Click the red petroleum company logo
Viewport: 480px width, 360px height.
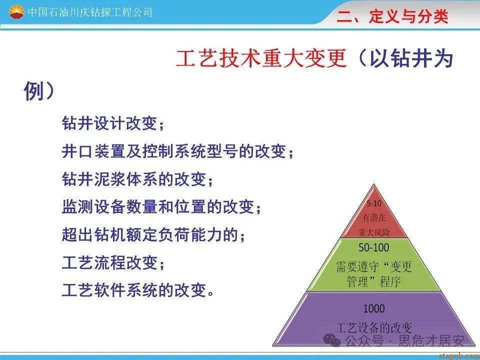coord(16,12)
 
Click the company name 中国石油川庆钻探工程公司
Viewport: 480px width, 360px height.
coord(90,12)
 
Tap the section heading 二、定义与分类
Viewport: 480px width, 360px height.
coord(392,16)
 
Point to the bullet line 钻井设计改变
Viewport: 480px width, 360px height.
coord(113,123)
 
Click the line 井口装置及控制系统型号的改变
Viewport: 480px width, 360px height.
coord(177,151)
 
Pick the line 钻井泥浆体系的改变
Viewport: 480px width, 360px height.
coord(137,179)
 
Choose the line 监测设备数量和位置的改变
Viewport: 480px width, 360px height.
coord(161,206)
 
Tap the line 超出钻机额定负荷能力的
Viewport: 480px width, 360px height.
coord(153,234)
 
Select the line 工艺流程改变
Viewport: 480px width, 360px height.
coord(113,262)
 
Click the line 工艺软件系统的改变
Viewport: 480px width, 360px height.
coord(138,290)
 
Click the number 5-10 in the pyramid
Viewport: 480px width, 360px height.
coord(374,203)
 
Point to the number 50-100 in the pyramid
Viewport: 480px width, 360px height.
coord(374,247)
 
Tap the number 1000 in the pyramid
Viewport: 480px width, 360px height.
coord(374,308)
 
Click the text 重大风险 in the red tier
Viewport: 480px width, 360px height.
coord(374,232)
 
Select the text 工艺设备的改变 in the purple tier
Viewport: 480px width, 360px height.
coord(374,328)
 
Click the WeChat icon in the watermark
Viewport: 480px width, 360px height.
coord(332,340)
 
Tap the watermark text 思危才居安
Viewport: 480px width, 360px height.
coord(431,340)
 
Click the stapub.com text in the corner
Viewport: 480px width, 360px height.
coord(459,355)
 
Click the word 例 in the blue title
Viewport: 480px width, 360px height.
coord(33,91)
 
